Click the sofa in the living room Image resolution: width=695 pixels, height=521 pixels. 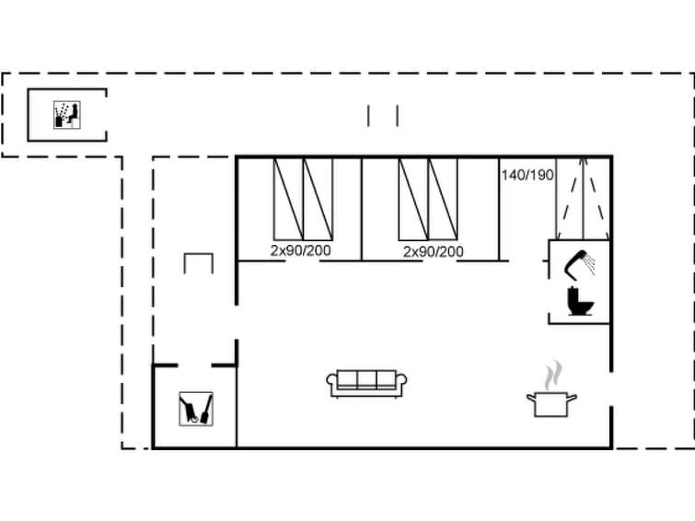[x=366, y=382]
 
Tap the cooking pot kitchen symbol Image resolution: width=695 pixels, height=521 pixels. [x=551, y=403]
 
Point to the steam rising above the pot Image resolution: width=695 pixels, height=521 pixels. [x=552, y=376]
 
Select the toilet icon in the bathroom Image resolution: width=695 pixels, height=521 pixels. [x=580, y=302]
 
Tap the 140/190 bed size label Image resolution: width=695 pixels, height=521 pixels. [x=527, y=175]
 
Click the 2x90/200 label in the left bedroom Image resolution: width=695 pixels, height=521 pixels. [x=300, y=250]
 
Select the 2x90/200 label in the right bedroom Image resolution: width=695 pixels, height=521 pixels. [x=433, y=250]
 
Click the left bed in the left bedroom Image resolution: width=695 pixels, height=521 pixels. [x=288, y=199]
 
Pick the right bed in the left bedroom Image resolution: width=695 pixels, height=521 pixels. [x=318, y=199]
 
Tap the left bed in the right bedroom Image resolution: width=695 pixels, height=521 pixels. [x=413, y=199]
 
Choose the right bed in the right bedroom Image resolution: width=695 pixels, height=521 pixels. [x=443, y=199]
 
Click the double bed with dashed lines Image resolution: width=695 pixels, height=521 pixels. [x=582, y=198]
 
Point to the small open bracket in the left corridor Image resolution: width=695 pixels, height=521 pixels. [x=198, y=263]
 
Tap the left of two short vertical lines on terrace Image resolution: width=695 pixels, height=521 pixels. [x=369, y=116]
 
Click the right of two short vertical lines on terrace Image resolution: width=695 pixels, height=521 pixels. [x=397, y=116]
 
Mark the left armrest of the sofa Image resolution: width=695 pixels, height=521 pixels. [x=331, y=383]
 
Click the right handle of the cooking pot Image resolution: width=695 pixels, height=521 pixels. [x=573, y=397]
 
